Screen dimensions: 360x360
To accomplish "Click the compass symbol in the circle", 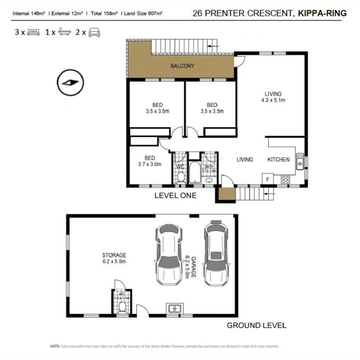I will pos(70,82).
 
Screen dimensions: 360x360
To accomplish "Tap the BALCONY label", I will pos(182,66).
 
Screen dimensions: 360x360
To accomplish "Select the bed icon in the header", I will pos(33,32).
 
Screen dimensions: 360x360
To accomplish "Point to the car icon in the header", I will pos(94,32).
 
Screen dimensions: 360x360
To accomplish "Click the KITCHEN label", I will pos(278,160).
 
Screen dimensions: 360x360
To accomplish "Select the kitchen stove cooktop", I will pos(286,179).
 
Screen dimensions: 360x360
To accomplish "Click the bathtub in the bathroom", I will pos(194,172).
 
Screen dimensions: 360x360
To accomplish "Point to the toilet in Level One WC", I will pos(181,177).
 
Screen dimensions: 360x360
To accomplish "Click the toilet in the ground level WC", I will pos(122,307).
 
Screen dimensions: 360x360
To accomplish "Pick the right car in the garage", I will pos(217,253).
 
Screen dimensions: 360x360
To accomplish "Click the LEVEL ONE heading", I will pos(175,196).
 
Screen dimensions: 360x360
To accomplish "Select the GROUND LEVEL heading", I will pos(256,325).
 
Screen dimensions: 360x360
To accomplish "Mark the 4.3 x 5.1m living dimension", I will pos(273,100).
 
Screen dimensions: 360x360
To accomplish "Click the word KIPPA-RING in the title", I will pos(322,13).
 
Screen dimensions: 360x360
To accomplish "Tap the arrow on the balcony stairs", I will pos(213,46).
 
